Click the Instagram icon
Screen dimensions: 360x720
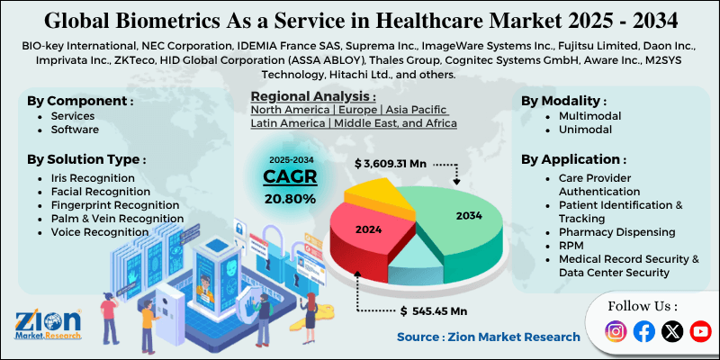616,331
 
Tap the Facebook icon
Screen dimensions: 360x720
643,331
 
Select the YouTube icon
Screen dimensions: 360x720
700,331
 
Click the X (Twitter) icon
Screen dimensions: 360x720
672,331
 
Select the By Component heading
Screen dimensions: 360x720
81,100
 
